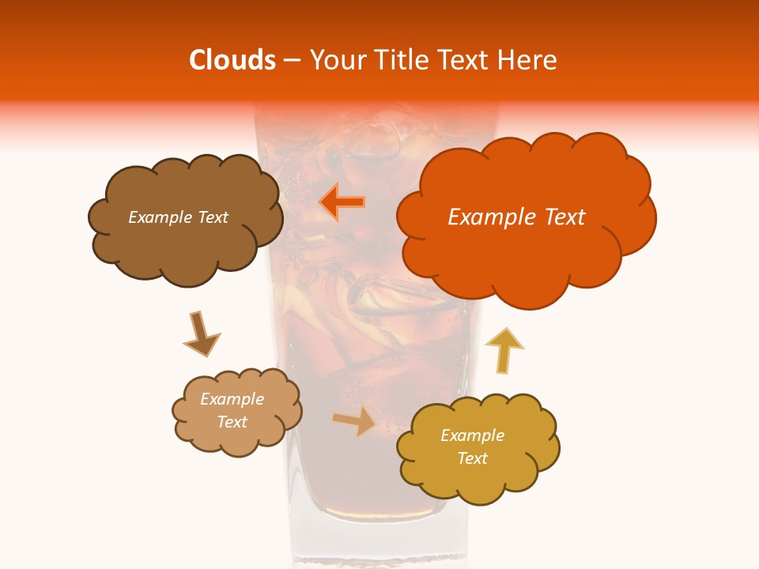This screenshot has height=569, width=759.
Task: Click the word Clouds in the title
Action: [232, 60]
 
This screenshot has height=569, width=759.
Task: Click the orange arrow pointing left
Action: [342, 202]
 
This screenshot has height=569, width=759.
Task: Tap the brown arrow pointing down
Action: [201, 334]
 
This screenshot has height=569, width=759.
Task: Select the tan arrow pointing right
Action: [354, 420]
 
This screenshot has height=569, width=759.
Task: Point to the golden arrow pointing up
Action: [504, 349]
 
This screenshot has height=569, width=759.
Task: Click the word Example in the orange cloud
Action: [493, 217]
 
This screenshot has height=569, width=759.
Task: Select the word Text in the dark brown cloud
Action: [211, 217]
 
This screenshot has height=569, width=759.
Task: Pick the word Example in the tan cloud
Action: [232, 400]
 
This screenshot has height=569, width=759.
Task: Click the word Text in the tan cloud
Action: [232, 422]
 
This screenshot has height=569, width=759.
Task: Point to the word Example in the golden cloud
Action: [472, 435]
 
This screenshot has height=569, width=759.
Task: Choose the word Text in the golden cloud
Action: [472, 458]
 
